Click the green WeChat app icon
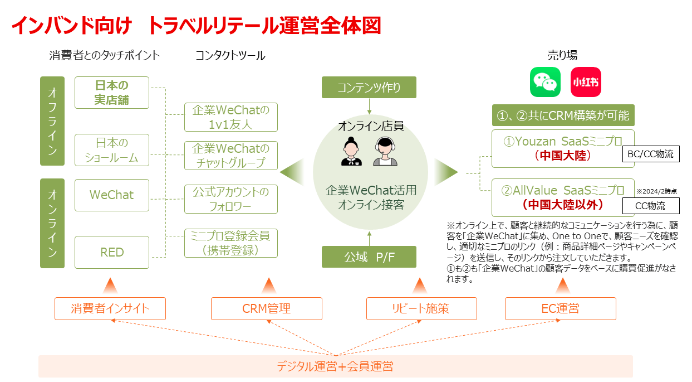point(544,83)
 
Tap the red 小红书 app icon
point(586,83)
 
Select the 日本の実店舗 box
point(112,93)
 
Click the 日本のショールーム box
point(112,150)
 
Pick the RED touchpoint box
point(112,252)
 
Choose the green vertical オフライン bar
point(52,121)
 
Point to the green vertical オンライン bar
point(52,223)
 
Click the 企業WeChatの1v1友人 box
point(231,117)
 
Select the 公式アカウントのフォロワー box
point(231,199)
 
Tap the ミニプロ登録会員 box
point(231,243)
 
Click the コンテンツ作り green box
point(369,88)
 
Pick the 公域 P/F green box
point(369,258)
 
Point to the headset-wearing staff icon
point(385,152)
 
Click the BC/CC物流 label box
point(651,154)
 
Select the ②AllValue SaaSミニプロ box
point(563,197)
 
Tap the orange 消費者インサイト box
point(110,308)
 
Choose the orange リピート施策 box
point(421,308)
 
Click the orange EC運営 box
point(560,308)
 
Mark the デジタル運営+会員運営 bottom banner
point(335,366)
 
